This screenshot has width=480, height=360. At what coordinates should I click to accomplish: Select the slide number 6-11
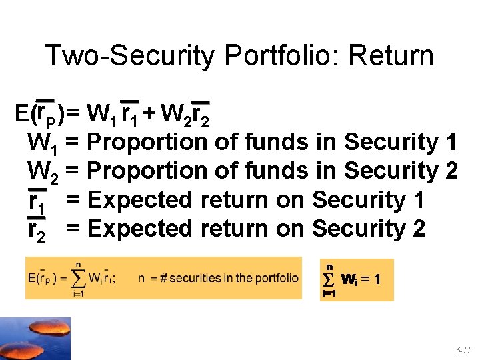pos(463,349)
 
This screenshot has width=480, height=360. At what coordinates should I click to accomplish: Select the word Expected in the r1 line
pos(139,199)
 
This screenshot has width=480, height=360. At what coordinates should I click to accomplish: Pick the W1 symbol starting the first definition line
pos(41,143)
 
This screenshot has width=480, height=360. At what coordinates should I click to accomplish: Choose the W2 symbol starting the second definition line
pos(41,172)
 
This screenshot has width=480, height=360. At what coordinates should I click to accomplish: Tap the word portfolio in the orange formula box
pos(276,278)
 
